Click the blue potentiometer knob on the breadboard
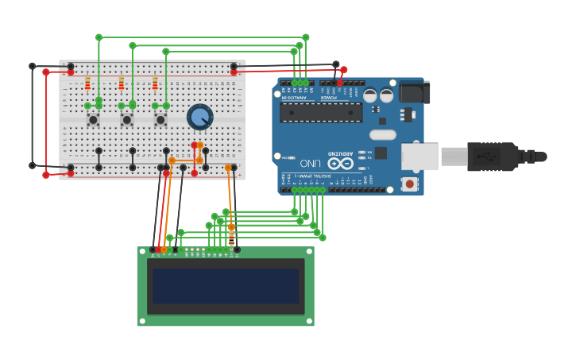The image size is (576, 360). point(199,118)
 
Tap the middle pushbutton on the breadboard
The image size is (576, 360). point(126,120)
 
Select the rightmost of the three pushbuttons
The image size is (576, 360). point(160,120)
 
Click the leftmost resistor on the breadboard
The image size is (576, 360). point(87,84)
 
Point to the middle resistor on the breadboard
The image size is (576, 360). point(121,84)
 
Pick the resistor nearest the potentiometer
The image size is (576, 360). point(155,84)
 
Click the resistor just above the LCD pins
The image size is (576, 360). point(231,237)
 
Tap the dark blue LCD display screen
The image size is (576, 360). point(226,285)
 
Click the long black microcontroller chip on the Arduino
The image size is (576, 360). point(320,112)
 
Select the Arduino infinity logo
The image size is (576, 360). point(340,163)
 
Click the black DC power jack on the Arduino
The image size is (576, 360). point(414,92)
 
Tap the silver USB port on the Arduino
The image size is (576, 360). point(419,157)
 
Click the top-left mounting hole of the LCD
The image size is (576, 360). point(143,253)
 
